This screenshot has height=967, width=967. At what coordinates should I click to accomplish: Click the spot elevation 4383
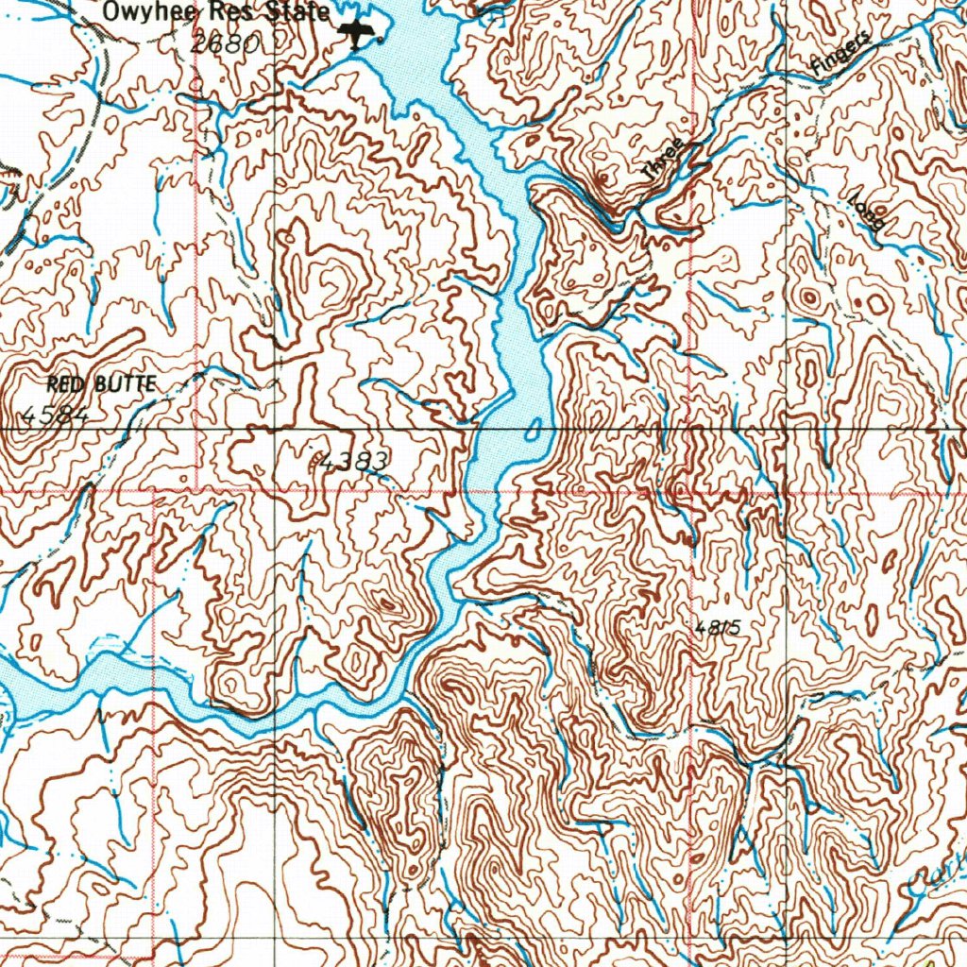pyautogui.click(x=353, y=462)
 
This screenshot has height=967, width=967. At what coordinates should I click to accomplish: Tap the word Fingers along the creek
pyautogui.click(x=839, y=55)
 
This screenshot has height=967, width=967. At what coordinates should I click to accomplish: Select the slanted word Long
pyautogui.click(x=866, y=213)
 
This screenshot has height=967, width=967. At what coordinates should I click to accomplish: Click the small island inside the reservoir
pyautogui.click(x=534, y=435)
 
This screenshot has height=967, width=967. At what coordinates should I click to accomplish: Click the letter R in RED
pyautogui.click(x=53, y=384)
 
